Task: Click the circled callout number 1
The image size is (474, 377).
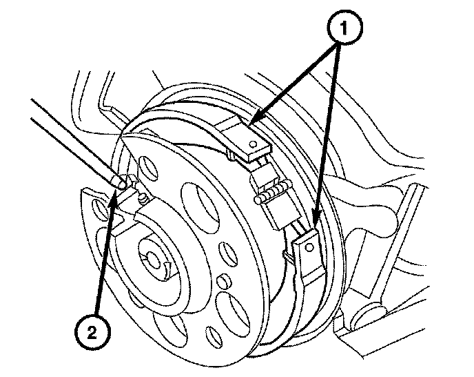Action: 344,28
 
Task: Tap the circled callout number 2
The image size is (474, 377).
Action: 92,332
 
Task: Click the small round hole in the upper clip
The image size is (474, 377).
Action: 254,144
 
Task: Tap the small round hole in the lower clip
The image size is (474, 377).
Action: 309,248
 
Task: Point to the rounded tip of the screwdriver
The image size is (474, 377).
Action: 118,182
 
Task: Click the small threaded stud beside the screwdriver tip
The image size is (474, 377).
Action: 143,198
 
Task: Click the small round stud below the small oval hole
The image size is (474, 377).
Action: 223,280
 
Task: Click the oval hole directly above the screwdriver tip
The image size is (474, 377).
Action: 147,168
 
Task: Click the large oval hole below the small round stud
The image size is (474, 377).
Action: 233,312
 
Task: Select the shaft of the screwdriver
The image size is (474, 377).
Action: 76,142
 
